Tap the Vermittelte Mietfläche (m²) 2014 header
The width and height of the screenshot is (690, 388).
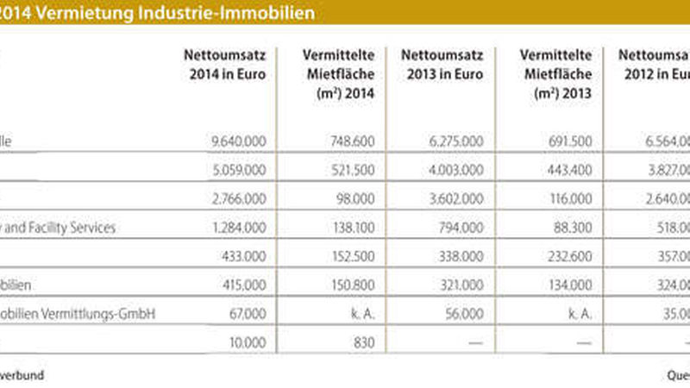point(335,74)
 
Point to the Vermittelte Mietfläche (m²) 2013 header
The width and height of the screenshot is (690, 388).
point(552,74)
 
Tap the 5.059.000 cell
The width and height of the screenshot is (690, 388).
point(236,170)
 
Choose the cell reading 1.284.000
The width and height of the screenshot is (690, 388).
point(236,228)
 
